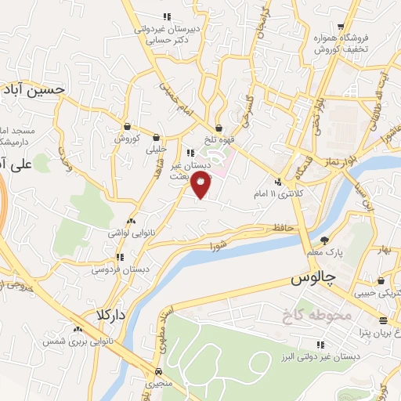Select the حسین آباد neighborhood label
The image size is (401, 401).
pyautogui.click(x=32, y=89)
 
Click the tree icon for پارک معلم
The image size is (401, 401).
pyautogui.click(x=324, y=240)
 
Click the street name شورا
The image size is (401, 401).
pyautogui.click(x=217, y=246)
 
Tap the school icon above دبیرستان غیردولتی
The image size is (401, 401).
pyautogui.click(x=166, y=16)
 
